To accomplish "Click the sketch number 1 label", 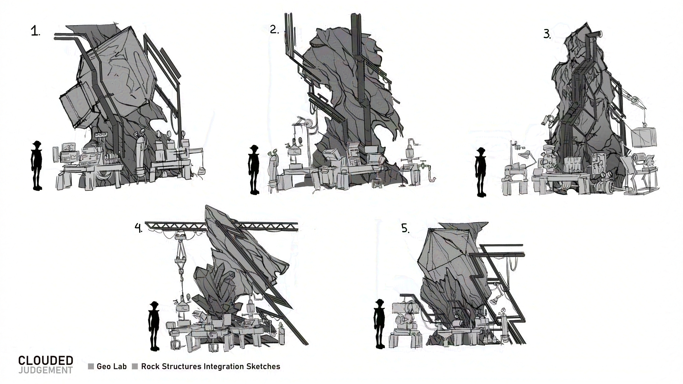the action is click(x=35, y=32).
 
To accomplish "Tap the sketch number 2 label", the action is click(x=274, y=30).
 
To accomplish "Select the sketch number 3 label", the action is click(x=547, y=34).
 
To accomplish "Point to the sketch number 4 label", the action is click(x=138, y=228).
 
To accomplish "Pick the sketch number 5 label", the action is click(x=405, y=228).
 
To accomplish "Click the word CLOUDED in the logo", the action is click(x=46, y=360).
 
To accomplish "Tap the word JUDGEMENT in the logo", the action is click(x=46, y=370).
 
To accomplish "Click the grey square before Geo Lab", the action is click(x=91, y=367).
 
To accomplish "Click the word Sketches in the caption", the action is click(x=263, y=367).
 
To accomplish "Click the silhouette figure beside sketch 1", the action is click(x=37, y=166).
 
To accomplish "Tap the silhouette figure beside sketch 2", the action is click(x=253, y=170).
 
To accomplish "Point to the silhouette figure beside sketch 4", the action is click(x=154, y=326).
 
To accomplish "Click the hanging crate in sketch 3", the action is click(x=644, y=137).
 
